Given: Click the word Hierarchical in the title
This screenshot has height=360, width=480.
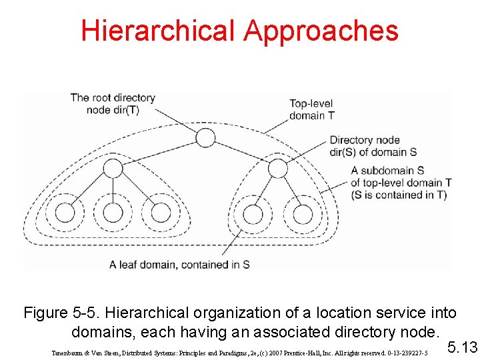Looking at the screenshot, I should (159, 31).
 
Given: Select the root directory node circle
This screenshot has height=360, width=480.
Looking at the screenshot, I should (205, 138).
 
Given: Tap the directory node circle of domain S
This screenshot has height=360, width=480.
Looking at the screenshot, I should (277, 167).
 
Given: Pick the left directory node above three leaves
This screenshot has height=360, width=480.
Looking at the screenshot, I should (113, 167).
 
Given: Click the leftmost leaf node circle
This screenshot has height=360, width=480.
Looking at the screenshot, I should (65, 213).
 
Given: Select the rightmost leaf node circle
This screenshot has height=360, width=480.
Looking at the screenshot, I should (303, 214).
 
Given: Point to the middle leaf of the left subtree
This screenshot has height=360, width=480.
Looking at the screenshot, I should (113, 213).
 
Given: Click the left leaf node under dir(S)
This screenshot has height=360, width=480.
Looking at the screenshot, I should (253, 214).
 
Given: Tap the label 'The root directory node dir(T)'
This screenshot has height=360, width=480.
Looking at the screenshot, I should (113, 104).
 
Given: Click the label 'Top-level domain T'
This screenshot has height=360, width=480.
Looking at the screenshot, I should (312, 109).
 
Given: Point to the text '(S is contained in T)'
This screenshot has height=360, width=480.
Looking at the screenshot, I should (399, 195).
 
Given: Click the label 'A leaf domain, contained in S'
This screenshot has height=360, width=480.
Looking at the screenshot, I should (179, 264).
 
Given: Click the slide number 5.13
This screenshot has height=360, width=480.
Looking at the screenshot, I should (463, 347).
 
